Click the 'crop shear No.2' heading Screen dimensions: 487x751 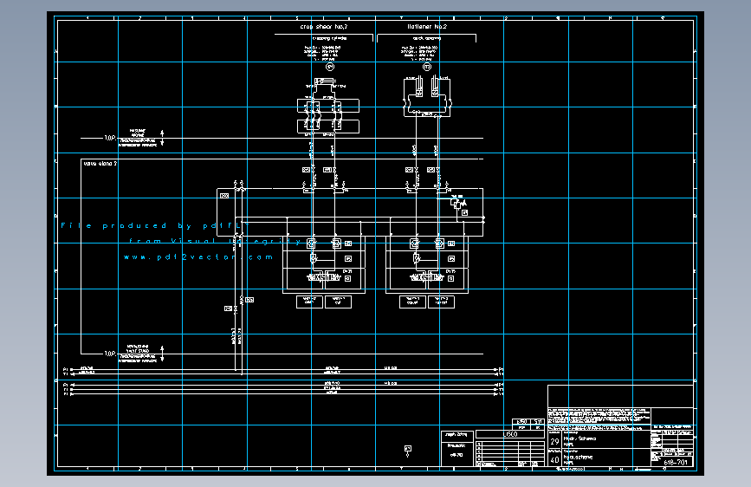click(324, 28)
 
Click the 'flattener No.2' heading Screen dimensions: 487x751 click(426, 28)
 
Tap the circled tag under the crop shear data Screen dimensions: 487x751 click(328, 67)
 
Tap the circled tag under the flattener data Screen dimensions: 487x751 click(426, 67)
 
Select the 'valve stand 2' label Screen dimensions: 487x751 click(100, 163)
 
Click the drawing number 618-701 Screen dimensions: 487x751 click(676, 462)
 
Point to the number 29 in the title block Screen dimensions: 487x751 click(554, 442)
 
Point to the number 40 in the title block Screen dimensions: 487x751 click(554, 460)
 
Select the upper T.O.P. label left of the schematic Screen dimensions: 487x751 click(109, 138)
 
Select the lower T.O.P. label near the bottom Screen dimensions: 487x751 click(109, 354)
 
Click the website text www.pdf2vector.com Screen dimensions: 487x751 click(198, 257)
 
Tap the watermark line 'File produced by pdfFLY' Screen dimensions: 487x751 click(156, 225)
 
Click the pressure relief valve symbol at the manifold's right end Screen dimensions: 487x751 click(458, 205)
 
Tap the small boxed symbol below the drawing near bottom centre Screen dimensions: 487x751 click(408, 447)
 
